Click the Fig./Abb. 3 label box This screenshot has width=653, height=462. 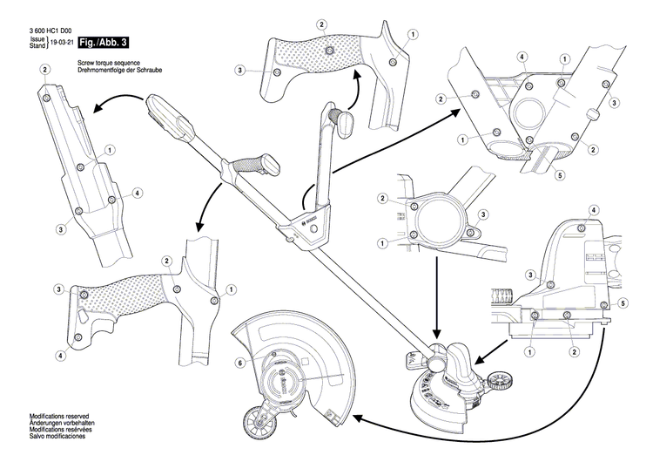tap(100, 42)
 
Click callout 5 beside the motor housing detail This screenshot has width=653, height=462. tap(623, 302)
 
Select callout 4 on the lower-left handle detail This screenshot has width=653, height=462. tap(61, 356)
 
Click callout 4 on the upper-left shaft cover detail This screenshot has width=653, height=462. tap(138, 192)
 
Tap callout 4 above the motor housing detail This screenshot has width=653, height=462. tap(593, 211)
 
